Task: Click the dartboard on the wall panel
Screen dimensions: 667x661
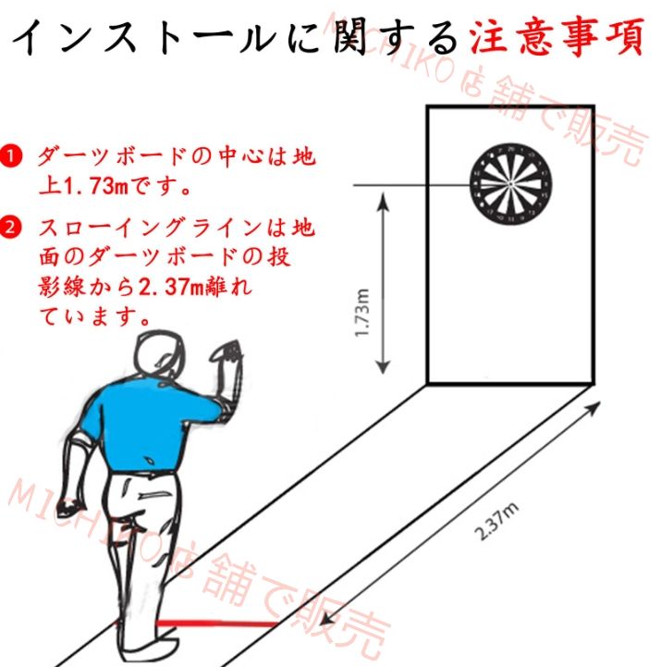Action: click(509, 184)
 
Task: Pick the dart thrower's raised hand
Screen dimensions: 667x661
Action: click(225, 354)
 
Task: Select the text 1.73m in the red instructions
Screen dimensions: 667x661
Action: click(99, 185)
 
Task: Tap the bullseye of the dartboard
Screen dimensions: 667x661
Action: click(509, 184)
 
